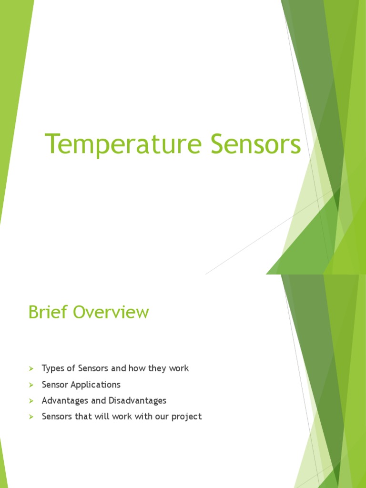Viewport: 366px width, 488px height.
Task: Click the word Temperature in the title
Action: [x=123, y=144]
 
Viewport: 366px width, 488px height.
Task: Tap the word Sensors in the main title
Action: [x=256, y=143]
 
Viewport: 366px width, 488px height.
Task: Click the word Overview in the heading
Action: [x=111, y=312]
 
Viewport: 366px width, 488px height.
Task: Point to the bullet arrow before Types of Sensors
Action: [x=31, y=369]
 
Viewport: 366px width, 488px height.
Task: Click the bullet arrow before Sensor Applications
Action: [x=31, y=385]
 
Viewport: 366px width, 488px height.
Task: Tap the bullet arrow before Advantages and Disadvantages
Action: [x=31, y=401]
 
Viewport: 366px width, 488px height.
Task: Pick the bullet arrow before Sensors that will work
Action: [x=31, y=417]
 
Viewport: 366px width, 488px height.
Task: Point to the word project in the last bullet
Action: [x=187, y=417]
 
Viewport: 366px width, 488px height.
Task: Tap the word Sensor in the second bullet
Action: [x=55, y=385]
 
